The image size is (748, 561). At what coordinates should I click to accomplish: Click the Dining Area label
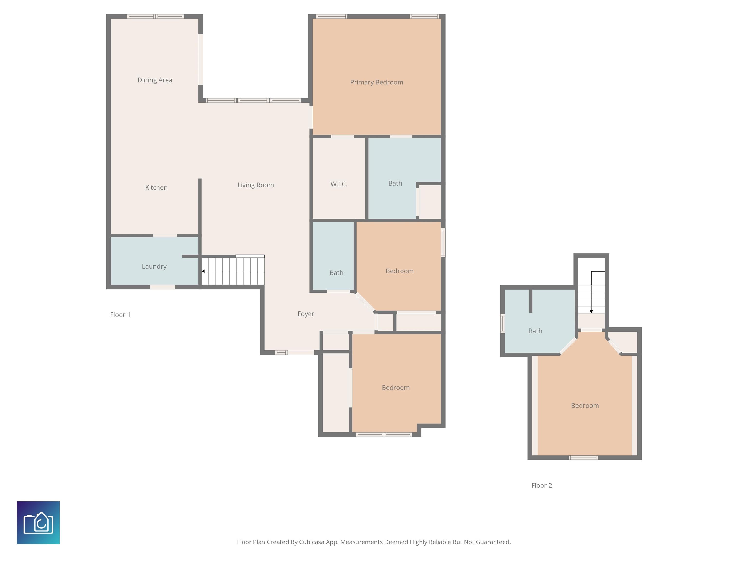[155, 80]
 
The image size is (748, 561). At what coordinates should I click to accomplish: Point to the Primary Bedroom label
[376, 82]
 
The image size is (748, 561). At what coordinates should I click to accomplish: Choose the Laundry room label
[154, 266]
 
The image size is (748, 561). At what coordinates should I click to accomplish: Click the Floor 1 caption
[120, 315]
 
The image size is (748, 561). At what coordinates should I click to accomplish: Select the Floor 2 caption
[541, 486]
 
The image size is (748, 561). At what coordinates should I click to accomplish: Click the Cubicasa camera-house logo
[38, 523]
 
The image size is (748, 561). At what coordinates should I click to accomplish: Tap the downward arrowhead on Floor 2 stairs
[591, 311]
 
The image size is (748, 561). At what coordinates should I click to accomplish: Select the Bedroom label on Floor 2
[585, 405]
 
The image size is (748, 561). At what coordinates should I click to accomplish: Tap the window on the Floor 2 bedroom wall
[583, 458]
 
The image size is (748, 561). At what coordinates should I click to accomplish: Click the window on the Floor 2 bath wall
[503, 323]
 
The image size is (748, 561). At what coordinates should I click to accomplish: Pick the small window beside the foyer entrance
[281, 352]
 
